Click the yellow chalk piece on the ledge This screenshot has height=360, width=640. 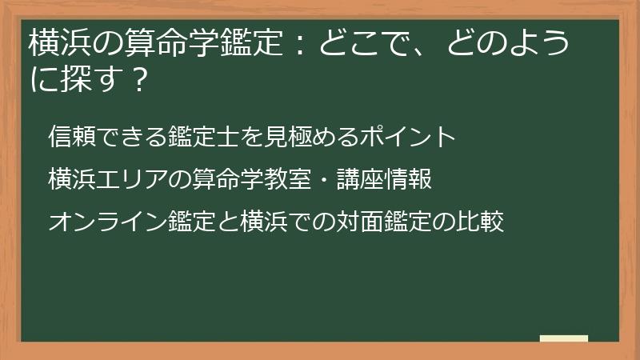click(564, 338)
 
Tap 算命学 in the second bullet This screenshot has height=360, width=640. click(217, 179)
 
